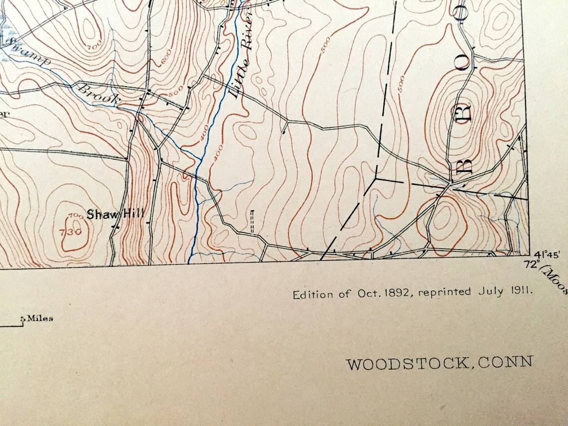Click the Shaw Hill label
tap(115, 215)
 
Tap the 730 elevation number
tap(72, 232)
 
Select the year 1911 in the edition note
tap(519, 289)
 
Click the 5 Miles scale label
tap(37, 318)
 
